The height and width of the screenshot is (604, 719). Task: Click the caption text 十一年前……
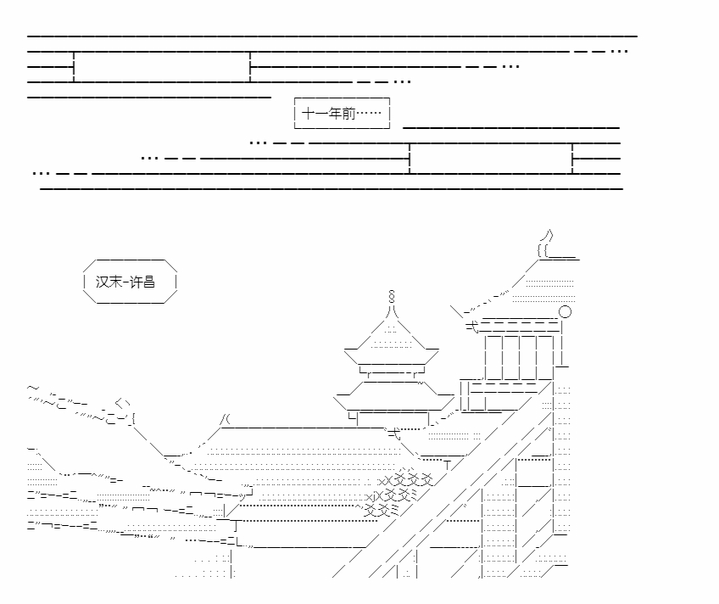click(x=341, y=113)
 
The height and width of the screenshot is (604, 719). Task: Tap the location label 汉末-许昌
click(x=125, y=282)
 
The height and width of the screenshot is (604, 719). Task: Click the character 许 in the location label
click(x=136, y=282)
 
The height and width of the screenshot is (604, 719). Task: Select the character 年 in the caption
click(x=335, y=113)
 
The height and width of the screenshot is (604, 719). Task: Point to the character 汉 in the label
click(x=102, y=282)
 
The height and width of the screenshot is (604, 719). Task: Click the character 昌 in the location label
click(x=148, y=282)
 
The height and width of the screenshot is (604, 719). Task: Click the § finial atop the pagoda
click(x=391, y=296)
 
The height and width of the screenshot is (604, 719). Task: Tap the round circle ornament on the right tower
click(x=565, y=312)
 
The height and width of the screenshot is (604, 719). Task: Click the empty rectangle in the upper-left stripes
click(x=162, y=67)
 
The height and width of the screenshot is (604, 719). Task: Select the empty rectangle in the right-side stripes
click(x=491, y=159)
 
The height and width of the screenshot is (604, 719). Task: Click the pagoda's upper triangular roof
click(x=392, y=335)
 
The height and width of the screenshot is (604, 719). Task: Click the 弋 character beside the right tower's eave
click(x=471, y=327)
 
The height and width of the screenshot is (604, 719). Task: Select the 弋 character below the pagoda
click(x=394, y=433)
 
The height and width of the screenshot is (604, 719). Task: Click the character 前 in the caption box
click(x=348, y=113)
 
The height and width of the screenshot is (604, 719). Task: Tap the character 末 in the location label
click(x=115, y=282)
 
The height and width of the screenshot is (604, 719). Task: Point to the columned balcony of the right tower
click(x=520, y=357)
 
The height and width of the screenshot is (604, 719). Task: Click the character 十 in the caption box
click(x=308, y=113)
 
